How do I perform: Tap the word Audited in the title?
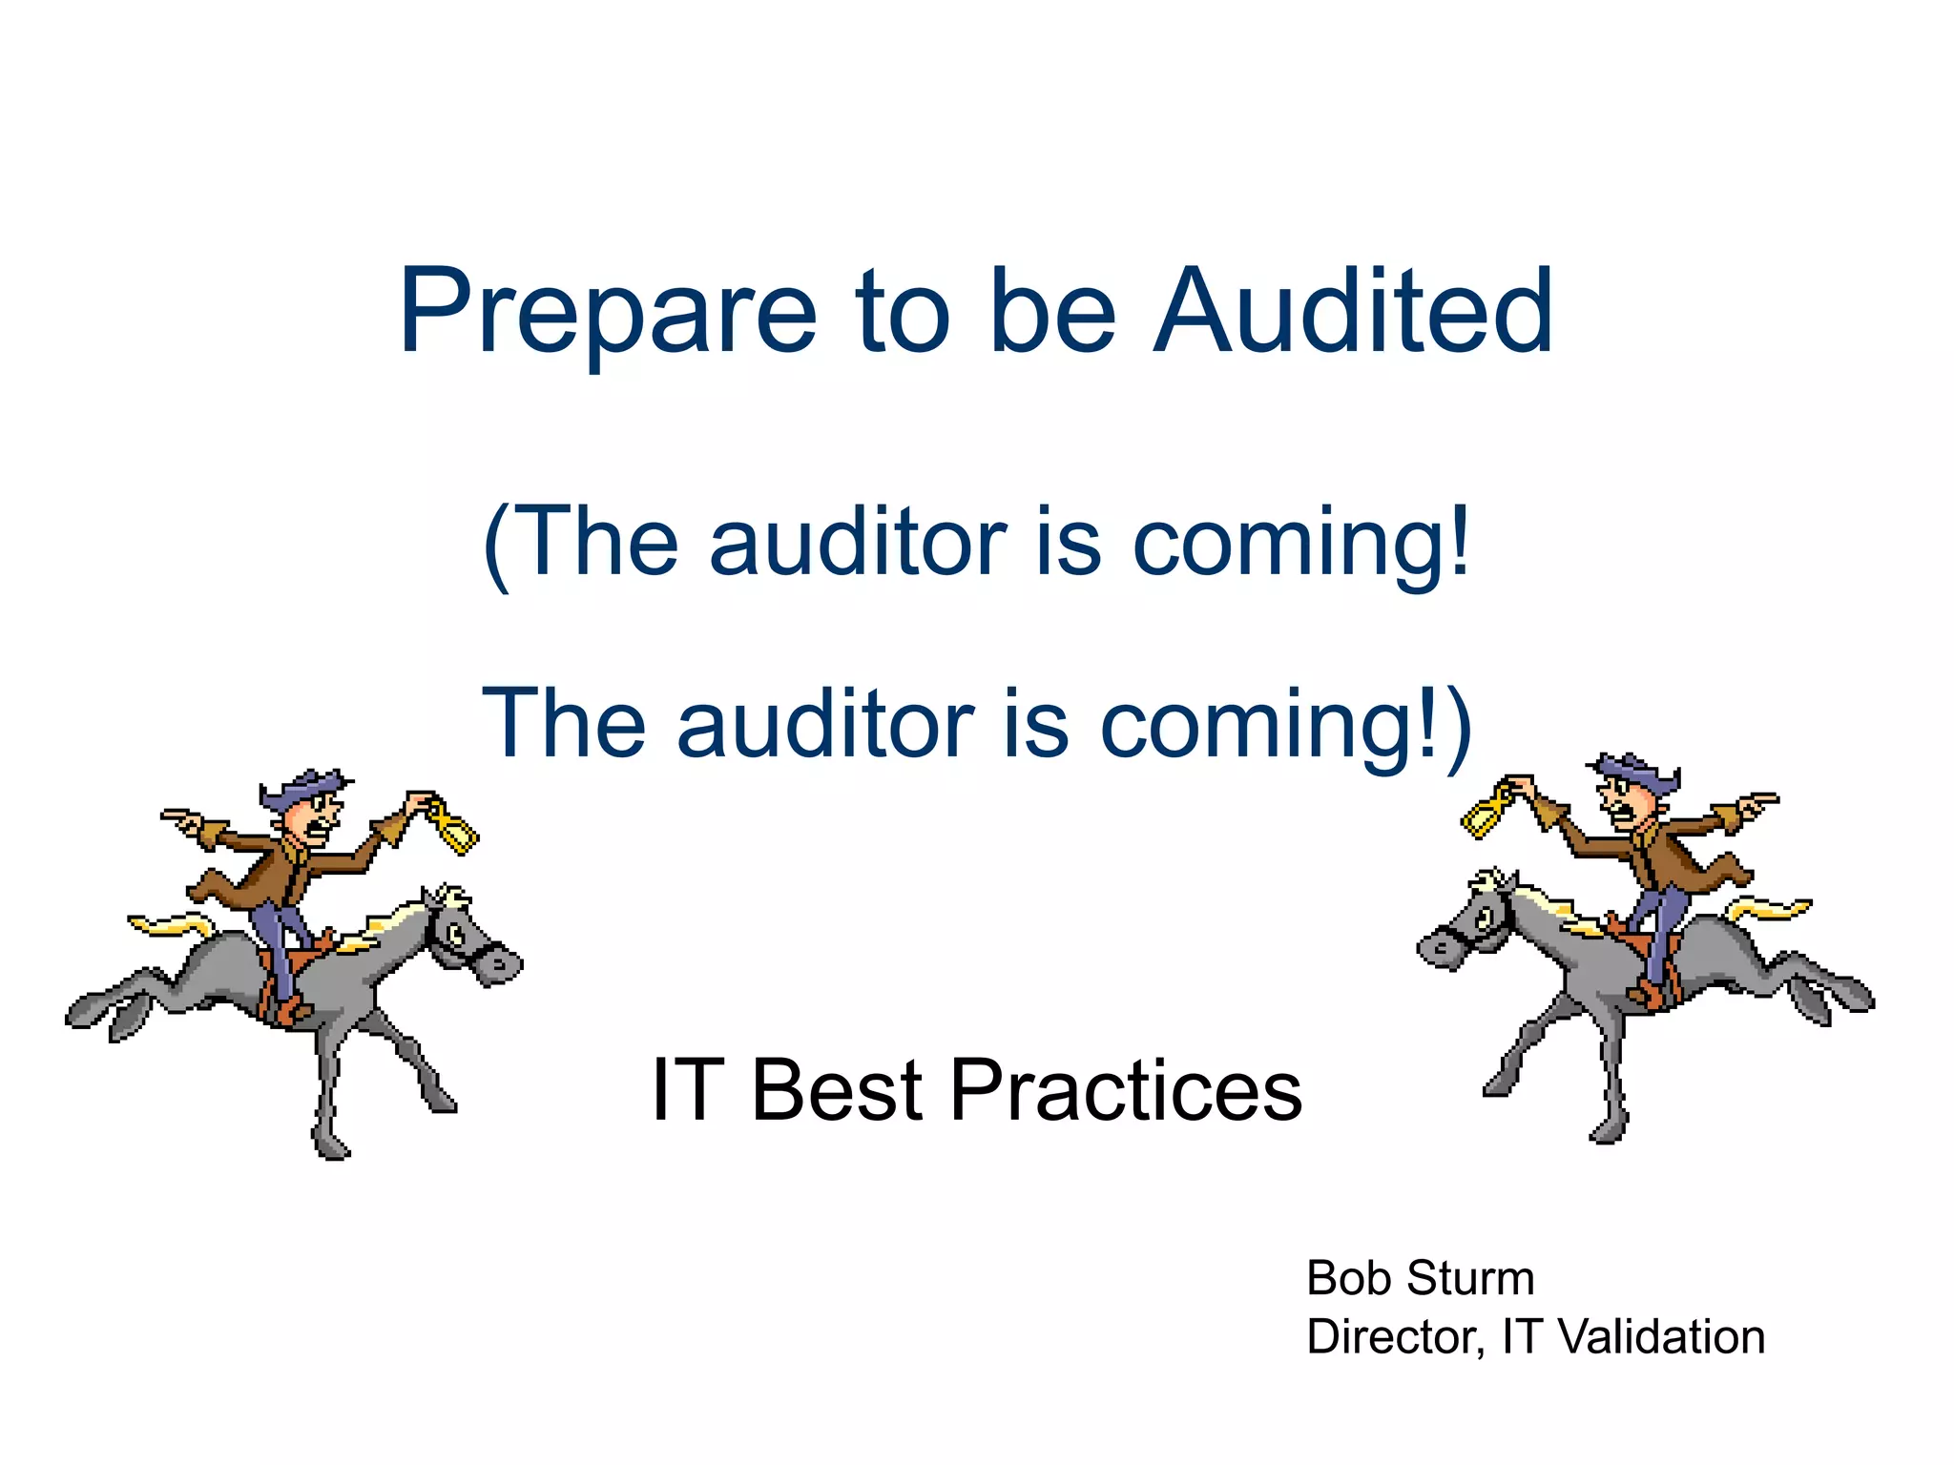pyautogui.click(x=1354, y=312)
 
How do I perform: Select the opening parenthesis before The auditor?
pyautogui.click(x=496, y=546)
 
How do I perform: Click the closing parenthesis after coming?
pyautogui.click(x=1458, y=727)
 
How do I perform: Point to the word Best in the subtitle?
pyautogui.click(x=838, y=1090)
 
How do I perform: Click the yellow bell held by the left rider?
pyautogui.click(x=454, y=829)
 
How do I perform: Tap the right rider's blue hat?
pyautogui.click(x=1637, y=772)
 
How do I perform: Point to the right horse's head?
pyautogui.click(x=1469, y=925)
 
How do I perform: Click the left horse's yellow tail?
pyautogui.click(x=172, y=923)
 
